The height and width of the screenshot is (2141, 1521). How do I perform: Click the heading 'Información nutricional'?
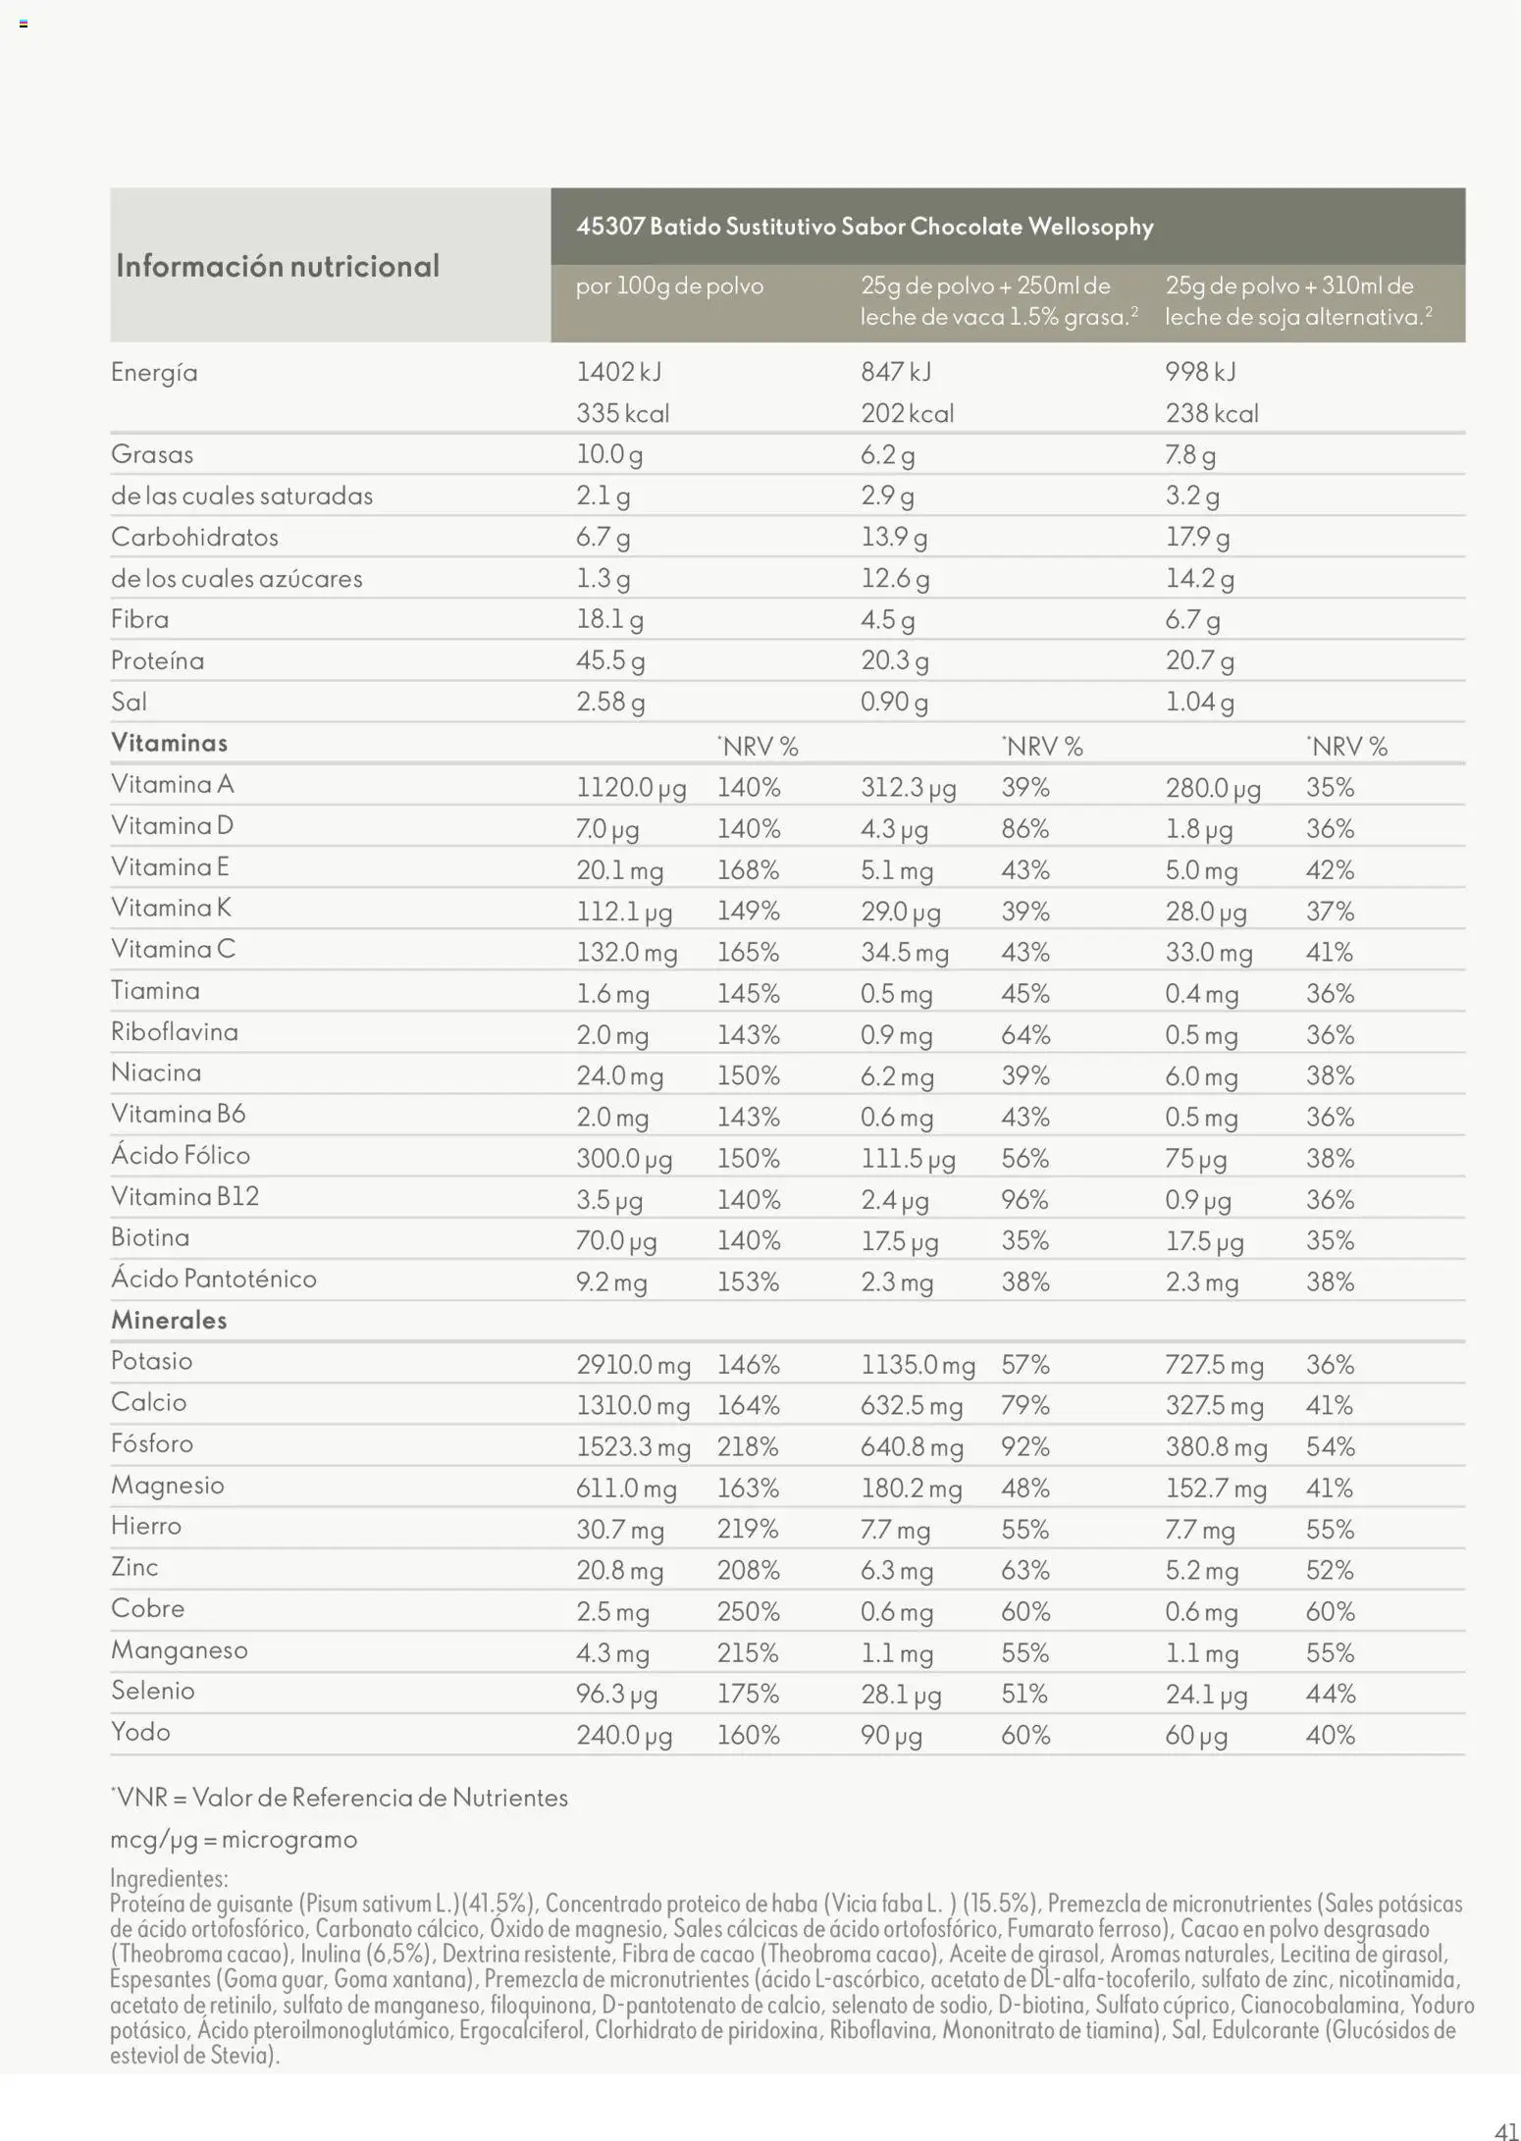click(278, 266)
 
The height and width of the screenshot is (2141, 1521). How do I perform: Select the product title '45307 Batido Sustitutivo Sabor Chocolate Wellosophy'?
click(865, 227)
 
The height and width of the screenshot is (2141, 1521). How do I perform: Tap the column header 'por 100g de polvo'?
click(669, 287)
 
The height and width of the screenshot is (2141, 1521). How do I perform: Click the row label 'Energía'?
click(154, 373)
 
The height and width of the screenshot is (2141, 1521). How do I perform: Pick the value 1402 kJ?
click(618, 372)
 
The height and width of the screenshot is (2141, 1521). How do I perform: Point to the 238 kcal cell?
click(1212, 413)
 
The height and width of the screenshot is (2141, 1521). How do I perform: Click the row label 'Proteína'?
click(157, 660)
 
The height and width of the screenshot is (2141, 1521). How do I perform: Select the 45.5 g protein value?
click(609, 660)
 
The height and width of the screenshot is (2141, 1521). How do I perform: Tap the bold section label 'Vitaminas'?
click(169, 743)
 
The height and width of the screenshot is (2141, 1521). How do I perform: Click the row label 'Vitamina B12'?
click(184, 1196)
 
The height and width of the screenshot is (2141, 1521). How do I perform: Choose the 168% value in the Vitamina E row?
click(748, 870)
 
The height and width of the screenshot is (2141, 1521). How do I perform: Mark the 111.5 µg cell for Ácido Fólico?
click(908, 1159)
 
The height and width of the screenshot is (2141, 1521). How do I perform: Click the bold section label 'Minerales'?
click(169, 1320)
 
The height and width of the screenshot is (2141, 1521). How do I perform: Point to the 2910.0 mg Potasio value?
click(633, 1365)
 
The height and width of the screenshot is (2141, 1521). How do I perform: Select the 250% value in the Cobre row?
click(748, 1612)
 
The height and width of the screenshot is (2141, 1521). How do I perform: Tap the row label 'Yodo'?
click(140, 1732)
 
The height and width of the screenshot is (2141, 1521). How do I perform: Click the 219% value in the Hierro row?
click(748, 1530)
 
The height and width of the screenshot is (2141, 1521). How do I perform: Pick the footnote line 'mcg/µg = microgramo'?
click(234, 1839)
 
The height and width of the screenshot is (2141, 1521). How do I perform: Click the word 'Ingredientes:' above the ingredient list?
click(169, 1878)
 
